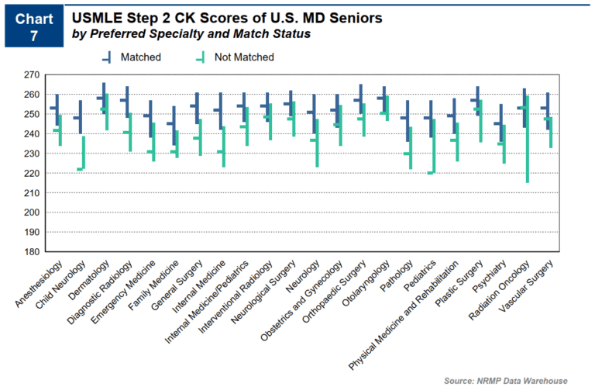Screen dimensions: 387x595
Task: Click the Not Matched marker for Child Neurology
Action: pyautogui.click(x=81, y=168)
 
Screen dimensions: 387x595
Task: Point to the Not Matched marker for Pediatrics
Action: pyautogui.click(x=432, y=172)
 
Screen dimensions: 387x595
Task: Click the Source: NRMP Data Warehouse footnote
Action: pyautogui.click(x=505, y=380)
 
